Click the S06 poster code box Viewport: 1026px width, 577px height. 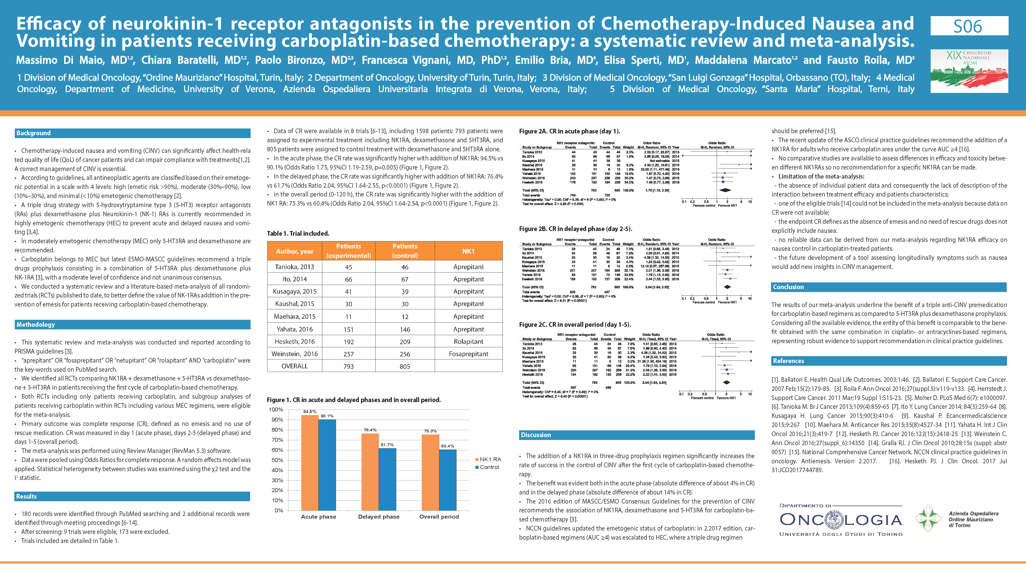[x=969, y=26]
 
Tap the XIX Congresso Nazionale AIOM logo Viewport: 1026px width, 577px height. [x=969, y=71]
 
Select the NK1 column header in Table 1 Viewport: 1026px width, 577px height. [x=468, y=251]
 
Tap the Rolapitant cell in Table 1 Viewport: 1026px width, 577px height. [x=468, y=342]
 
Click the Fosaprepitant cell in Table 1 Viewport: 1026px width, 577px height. [x=468, y=354]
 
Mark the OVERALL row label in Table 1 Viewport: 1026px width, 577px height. [x=295, y=366]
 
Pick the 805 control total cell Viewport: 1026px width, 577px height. [x=405, y=366]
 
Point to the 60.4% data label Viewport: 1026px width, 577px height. [x=448, y=446]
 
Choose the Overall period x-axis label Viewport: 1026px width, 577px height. [x=439, y=517]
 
